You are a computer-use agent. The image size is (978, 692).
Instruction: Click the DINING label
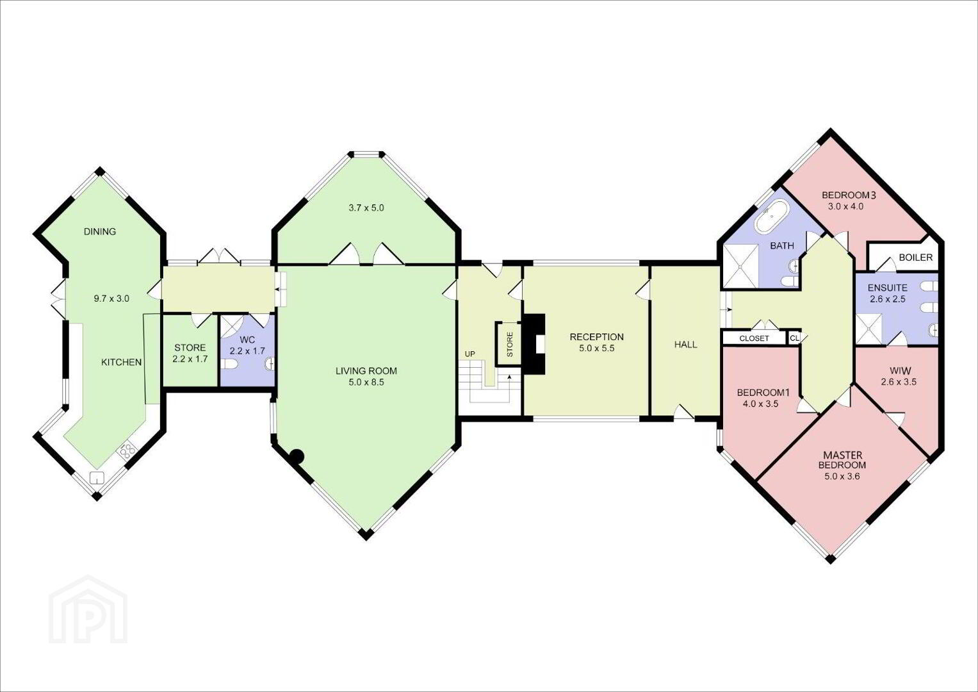coord(100,231)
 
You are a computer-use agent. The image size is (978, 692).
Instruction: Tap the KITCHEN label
coord(122,362)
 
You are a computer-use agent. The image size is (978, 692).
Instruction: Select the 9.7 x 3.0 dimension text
coord(111,299)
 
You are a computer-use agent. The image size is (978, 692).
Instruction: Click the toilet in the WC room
coord(229,364)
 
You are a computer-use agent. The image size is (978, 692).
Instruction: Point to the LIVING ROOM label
coord(366,372)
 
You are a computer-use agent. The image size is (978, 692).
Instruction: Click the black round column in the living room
coord(297,456)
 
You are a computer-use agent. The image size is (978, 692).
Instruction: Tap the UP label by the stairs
coord(470,354)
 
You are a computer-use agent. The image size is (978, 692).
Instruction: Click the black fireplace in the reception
coord(534,344)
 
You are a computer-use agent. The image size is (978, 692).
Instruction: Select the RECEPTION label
coord(596,337)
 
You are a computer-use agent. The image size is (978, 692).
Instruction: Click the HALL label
coord(685,345)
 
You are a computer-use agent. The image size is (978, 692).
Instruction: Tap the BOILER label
coord(916,258)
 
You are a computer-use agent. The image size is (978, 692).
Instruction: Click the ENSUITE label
coord(887,288)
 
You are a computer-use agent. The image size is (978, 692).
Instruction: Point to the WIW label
coord(900,371)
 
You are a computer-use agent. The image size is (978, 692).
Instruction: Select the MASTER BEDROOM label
coord(842,460)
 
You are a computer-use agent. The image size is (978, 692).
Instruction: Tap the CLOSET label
coord(754,338)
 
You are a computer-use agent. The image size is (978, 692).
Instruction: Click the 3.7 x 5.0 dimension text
coord(366,208)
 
